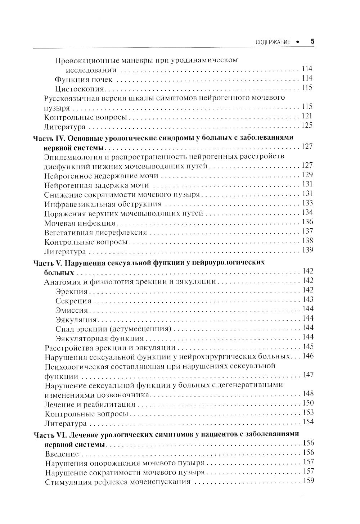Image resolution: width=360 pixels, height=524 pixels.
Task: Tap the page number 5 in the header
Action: pyautogui.click(x=312, y=41)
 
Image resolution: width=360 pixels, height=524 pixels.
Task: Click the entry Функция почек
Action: pyautogui.click(x=84, y=79)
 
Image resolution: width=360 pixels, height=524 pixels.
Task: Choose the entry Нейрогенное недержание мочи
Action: pyautogui.click(x=101, y=176)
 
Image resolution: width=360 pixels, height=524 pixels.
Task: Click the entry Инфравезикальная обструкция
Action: pyautogui.click(x=103, y=204)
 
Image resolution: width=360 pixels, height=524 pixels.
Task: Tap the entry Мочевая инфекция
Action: pyautogui.click(x=80, y=223)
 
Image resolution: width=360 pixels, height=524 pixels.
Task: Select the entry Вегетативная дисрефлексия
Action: pyautogui.click(x=95, y=232)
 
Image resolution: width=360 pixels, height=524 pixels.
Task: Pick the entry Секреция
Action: pyautogui.click(x=73, y=301)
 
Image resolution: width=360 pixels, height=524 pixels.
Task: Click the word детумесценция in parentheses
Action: pyautogui.click(x=145, y=329)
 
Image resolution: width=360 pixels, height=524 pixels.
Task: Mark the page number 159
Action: pyautogui.click(x=309, y=481)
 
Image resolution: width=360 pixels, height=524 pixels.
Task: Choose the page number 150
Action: pyautogui.click(x=308, y=403)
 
